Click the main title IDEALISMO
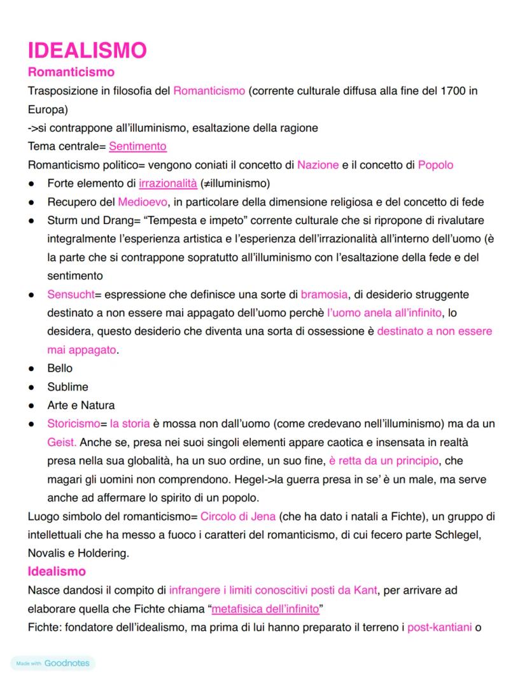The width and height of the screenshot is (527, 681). click(x=87, y=50)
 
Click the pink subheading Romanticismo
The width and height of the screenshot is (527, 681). click(x=71, y=72)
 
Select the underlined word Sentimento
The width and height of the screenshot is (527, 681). click(x=137, y=146)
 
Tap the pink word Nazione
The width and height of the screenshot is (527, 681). click(x=318, y=165)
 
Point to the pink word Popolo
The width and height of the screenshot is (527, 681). click(x=435, y=165)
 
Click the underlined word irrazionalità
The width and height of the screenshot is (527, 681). click(x=168, y=183)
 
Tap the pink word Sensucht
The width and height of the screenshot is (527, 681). click(x=70, y=295)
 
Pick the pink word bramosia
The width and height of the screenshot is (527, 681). click(x=324, y=295)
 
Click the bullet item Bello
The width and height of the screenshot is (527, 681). click(x=60, y=369)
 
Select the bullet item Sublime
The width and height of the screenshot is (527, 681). click(x=67, y=387)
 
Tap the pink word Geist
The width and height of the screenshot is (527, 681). click(x=62, y=442)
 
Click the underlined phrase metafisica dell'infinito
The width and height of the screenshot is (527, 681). click(x=265, y=609)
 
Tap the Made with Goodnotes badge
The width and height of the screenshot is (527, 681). click(x=53, y=663)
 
